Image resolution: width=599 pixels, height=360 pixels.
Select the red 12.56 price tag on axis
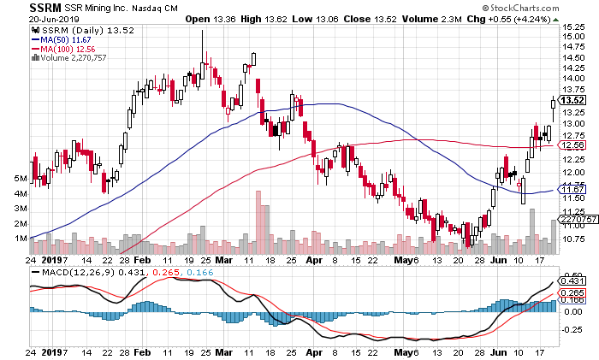click(572, 146)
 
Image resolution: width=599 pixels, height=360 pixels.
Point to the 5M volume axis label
click(12, 179)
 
